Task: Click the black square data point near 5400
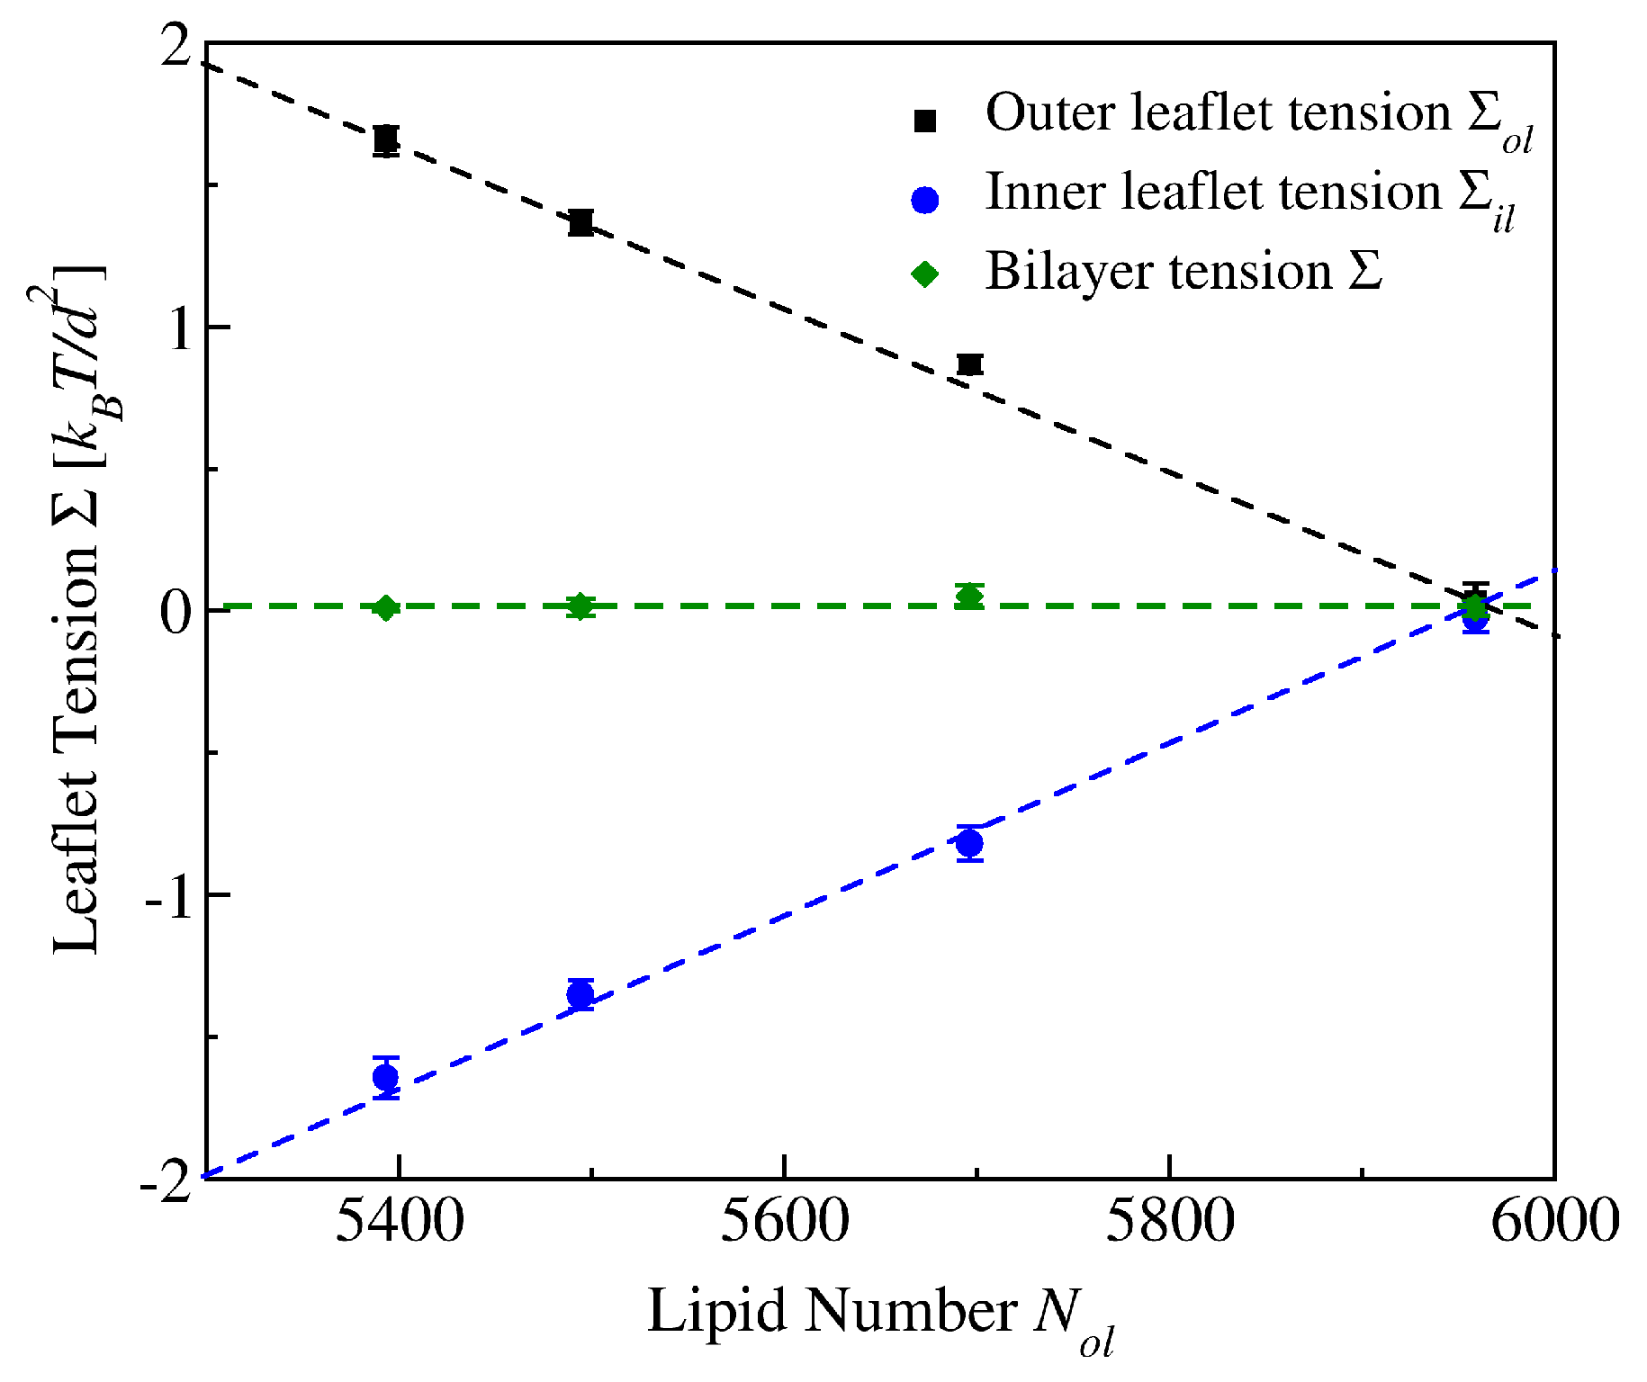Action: click(x=386, y=140)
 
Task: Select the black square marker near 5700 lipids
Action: click(x=969, y=364)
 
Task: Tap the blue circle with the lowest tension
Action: click(x=386, y=1077)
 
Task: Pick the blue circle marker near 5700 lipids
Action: click(x=969, y=843)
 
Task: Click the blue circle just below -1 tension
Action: click(x=580, y=994)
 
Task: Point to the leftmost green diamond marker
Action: click(x=386, y=608)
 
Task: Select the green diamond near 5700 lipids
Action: click(x=969, y=596)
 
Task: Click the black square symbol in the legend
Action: click(x=925, y=121)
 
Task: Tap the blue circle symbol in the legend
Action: click(x=925, y=200)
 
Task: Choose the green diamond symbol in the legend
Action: click(x=925, y=274)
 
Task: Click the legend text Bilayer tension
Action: click(x=1183, y=272)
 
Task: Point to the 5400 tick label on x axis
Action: click(x=400, y=1223)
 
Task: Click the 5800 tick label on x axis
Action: click(x=1168, y=1223)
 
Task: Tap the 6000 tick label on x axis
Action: click(x=1554, y=1223)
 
